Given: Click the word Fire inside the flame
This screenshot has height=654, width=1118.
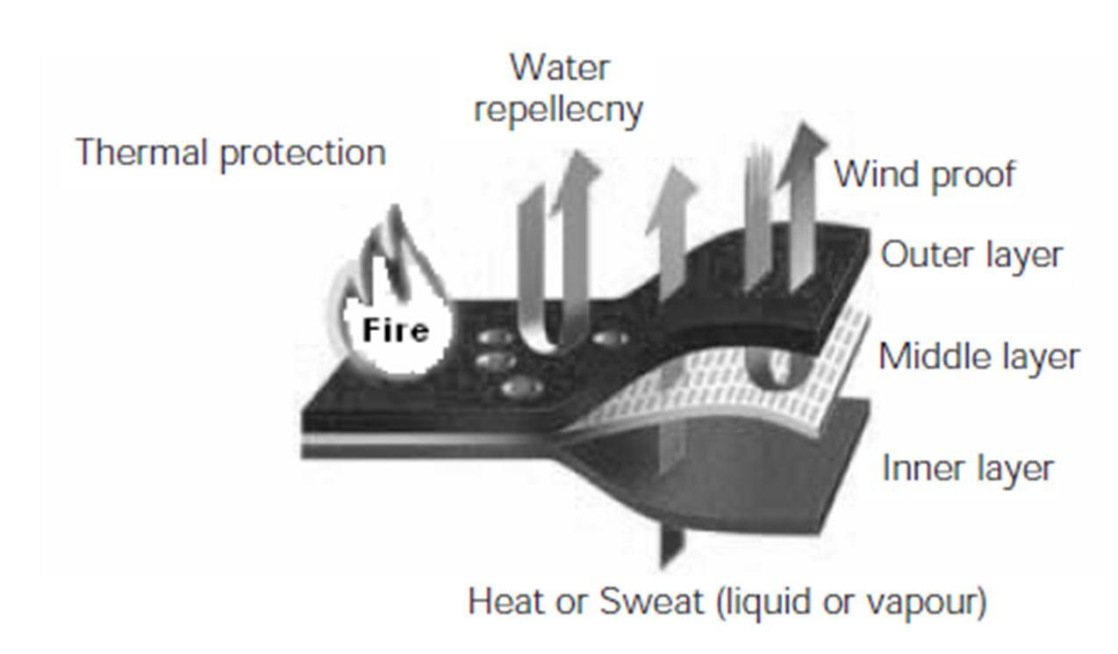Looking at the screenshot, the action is tap(396, 331).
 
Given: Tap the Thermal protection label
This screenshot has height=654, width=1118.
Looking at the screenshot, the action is tap(231, 153).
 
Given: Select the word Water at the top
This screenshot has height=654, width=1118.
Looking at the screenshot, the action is tap(559, 67).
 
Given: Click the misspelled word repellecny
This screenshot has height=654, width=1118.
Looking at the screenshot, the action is tap(558, 110).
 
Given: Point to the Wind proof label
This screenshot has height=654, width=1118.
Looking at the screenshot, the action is tap(923, 174).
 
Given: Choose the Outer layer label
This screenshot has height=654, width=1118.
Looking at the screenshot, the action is tap(971, 255).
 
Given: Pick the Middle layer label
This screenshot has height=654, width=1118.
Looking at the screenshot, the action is tap(978, 357).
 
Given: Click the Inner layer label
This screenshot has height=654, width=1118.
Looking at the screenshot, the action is tap(967, 468).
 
